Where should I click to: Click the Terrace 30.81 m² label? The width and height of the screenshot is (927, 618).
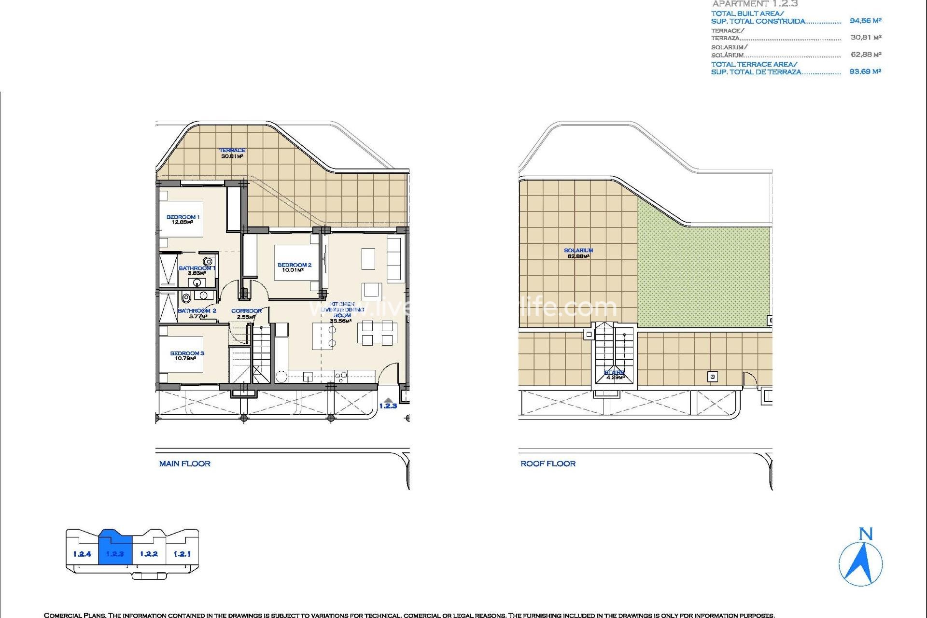pyautogui.click(x=232, y=153)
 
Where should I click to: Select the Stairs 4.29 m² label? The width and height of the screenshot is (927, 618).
pyautogui.click(x=614, y=375)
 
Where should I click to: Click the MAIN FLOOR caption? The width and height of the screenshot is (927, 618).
pyautogui.click(x=184, y=463)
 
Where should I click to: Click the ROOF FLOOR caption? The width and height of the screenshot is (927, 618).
pyautogui.click(x=548, y=463)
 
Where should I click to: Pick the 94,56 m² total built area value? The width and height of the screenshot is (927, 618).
pyautogui.click(x=865, y=21)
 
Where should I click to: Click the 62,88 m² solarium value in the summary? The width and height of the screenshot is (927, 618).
pyautogui.click(x=866, y=55)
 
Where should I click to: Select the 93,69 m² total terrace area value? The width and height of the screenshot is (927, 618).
pyautogui.click(x=865, y=71)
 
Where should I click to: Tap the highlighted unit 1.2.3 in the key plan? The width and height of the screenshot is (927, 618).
pyautogui.click(x=115, y=553)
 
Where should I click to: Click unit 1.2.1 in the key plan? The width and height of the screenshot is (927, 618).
pyautogui.click(x=182, y=554)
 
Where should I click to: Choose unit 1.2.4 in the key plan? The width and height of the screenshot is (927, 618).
pyautogui.click(x=82, y=554)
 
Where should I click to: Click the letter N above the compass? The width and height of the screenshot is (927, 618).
pyautogui.click(x=866, y=534)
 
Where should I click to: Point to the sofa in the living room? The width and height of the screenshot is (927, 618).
pyautogui.click(x=394, y=258)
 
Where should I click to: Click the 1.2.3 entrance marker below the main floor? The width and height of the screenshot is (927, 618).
pyautogui.click(x=388, y=406)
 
